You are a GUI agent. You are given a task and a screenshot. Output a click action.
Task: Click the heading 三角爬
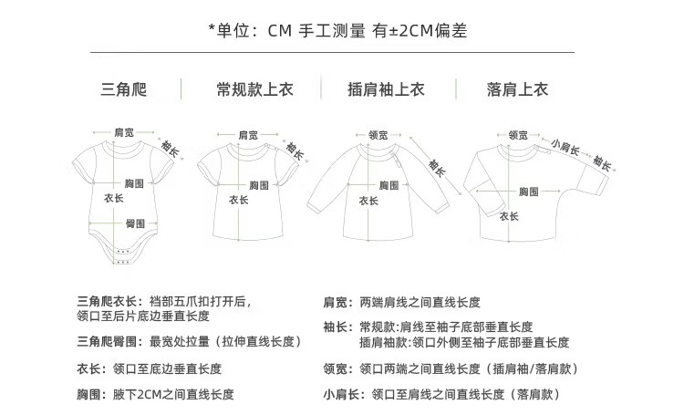(x=124, y=89)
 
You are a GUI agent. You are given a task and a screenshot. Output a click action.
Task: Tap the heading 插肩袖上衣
(x=387, y=89)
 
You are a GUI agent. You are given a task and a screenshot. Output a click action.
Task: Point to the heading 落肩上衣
(x=517, y=89)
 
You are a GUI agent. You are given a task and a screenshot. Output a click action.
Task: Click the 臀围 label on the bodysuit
(x=134, y=223)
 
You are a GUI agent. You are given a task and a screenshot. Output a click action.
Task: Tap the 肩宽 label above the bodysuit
(x=123, y=133)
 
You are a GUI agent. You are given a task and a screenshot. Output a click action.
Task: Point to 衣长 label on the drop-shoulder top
(x=508, y=216)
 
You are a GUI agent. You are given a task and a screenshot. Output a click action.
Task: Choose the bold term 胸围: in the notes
(x=94, y=395)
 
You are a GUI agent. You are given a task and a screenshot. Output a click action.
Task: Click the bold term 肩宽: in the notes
(x=338, y=301)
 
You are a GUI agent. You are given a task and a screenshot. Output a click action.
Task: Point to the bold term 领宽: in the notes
(x=338, y=368)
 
